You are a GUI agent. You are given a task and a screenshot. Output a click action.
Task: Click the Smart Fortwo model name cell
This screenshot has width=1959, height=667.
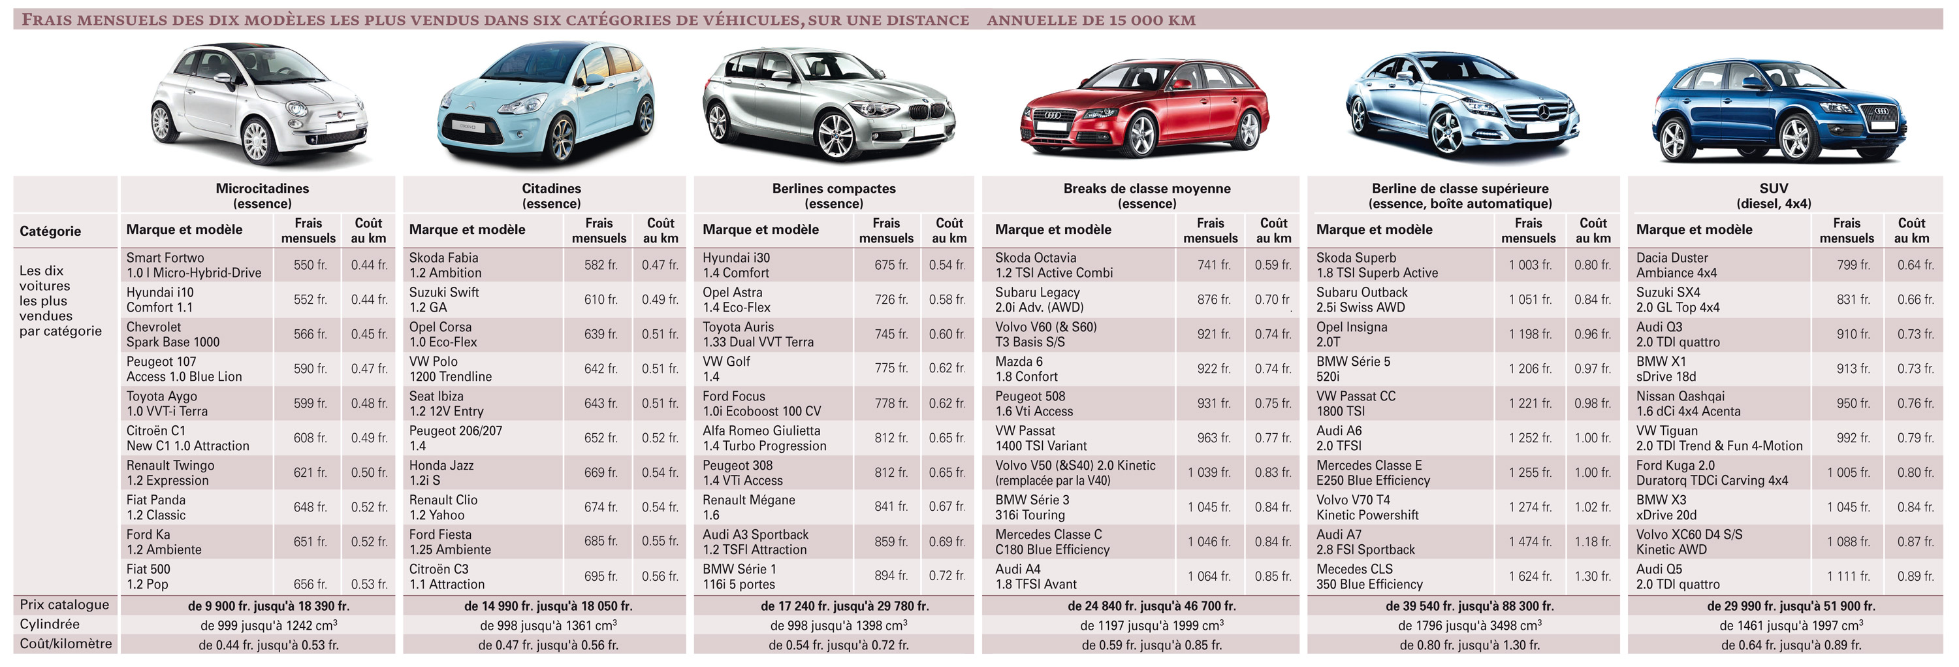[193, 265]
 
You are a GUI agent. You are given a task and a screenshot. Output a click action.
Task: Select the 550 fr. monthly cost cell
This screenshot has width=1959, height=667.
[310, 265]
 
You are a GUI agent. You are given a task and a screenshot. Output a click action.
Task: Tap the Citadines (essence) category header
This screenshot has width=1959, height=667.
[550, 195]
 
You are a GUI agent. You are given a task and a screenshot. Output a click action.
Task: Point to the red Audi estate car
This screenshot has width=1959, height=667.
[1144, 106]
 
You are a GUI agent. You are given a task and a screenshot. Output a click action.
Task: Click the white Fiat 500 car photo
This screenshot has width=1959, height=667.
[259, 103]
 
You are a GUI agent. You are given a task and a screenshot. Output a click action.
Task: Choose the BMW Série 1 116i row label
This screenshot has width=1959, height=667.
[739, 576]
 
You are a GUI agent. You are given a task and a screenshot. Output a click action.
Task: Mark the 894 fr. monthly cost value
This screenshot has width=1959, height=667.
[891, 576]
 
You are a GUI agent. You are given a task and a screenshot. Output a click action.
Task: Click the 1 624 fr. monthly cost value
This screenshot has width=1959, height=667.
[1530, 576]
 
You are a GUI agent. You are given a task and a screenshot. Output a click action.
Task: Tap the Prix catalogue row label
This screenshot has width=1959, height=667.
[65, 605]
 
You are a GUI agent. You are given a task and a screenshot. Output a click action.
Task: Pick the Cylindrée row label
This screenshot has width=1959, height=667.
[50, 625]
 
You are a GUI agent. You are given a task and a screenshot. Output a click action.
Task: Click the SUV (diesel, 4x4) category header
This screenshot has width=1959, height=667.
[1774, 195]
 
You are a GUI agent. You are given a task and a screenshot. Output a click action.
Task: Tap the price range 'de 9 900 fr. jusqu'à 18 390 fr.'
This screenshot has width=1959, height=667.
[268, 606]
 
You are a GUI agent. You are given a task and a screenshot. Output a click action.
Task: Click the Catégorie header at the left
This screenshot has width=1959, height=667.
[50, 231]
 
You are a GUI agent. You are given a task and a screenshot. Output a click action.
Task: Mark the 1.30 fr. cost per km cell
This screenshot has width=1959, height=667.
[1593, 576]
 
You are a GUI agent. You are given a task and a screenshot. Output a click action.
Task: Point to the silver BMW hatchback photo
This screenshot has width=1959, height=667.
[829, 103]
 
